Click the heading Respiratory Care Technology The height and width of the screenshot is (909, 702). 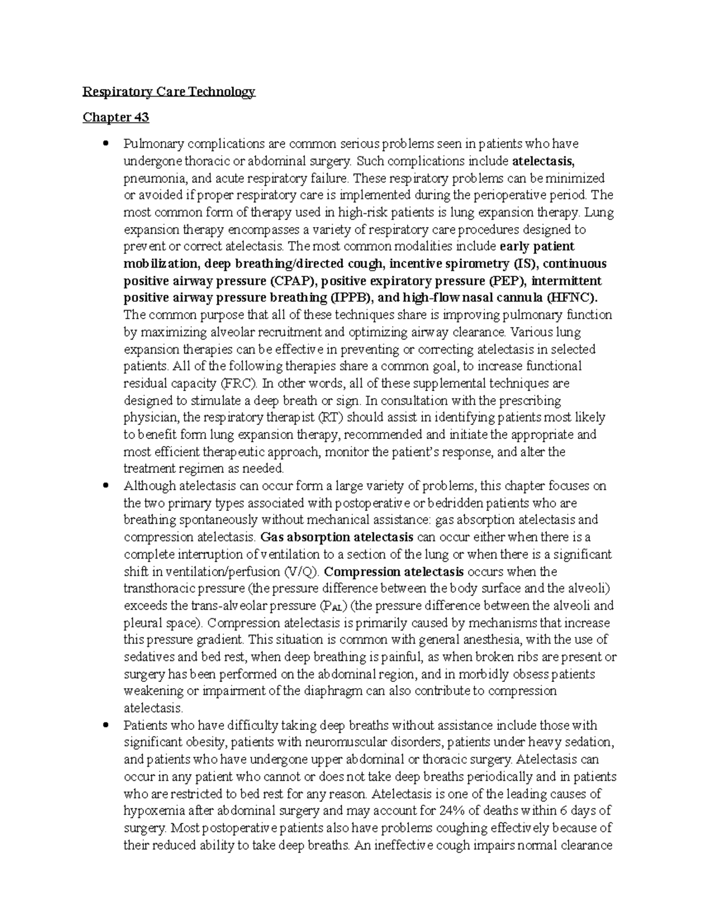[169, 91]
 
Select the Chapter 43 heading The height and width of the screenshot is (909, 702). [116, 117]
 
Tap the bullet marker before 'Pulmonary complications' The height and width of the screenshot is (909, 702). [106, 143]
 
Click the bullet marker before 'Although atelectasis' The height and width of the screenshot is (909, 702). [106, 485]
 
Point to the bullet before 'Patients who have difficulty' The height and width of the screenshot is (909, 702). [106, 725]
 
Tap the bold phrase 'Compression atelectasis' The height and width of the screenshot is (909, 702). [394, 571]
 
